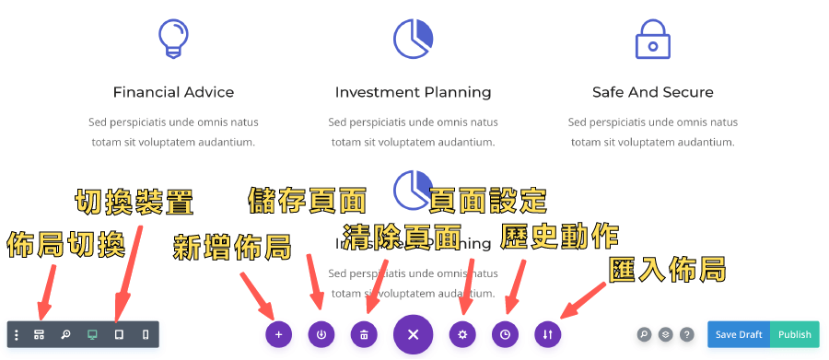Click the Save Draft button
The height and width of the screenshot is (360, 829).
point(738,334)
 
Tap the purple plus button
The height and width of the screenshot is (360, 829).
point(278,334)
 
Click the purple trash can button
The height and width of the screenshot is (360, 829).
point(364,334)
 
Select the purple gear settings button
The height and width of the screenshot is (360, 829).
point(462,334)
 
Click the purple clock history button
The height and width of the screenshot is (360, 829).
point(505,334)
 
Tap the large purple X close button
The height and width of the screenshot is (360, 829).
point(413,334)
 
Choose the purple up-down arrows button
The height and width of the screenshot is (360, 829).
point(547,334)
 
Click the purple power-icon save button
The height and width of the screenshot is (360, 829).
point(321,334)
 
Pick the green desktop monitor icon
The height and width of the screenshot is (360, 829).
point(92,334)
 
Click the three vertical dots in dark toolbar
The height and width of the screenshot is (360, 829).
point(16,334)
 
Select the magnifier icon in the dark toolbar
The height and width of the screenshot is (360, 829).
point(65,334)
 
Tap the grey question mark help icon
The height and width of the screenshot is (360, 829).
point(686,334)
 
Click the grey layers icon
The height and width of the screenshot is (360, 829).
point(665,334)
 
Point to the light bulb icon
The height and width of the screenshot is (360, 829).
point(173,40)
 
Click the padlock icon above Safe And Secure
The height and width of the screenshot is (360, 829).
point(652,39)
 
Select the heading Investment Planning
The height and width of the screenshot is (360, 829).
point(413,92)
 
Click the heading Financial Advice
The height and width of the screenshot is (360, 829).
point(173,92)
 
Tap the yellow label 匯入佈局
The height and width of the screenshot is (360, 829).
point(668,269)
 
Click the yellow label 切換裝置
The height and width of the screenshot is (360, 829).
point(134,201)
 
